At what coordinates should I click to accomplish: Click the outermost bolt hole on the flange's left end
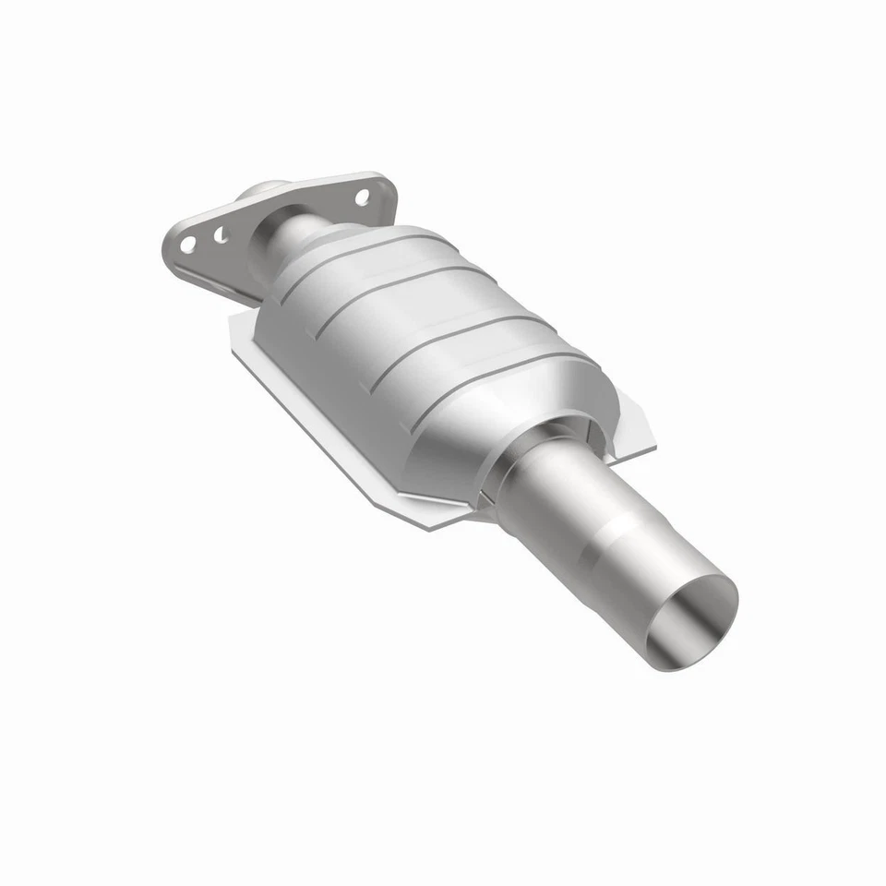coord(187,245)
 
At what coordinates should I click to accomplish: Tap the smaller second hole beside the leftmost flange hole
coord(221,235)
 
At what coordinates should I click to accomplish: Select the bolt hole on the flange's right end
coord(362,197)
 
